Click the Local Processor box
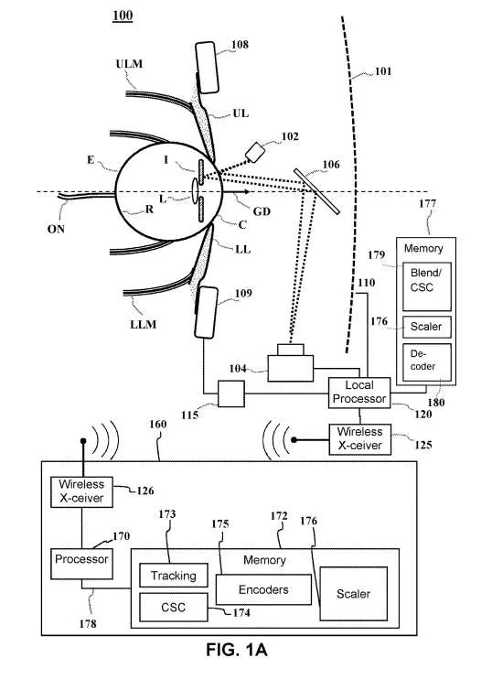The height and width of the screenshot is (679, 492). point(359,393)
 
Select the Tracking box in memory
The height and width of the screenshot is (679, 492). point(173,575)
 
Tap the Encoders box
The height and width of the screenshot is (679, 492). point(263,589)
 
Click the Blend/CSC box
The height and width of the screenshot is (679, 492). point(427,286)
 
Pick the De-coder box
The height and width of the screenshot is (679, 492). point(427,362)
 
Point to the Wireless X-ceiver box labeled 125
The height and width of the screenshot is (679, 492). point(360,439)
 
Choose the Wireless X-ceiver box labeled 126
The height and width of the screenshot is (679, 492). point(81,491)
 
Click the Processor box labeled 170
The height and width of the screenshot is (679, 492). point(81,564)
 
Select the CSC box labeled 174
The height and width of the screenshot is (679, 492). point(173,607)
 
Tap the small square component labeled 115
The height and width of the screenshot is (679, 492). point(231,393)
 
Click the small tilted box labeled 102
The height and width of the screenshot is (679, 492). point(255,153)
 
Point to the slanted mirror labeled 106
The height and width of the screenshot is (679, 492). point(316,191)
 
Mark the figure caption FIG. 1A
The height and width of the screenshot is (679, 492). point(236,650)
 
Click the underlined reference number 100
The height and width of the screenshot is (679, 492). point(123,16)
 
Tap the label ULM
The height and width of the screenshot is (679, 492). point(129,64)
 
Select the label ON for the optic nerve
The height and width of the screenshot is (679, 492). point(56,229)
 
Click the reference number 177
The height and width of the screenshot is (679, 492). point(427,203)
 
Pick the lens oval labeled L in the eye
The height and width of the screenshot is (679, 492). point(195,189)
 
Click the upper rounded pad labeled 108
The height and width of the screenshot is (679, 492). point(207,67)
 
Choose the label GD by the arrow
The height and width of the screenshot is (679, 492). point(262,211)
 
